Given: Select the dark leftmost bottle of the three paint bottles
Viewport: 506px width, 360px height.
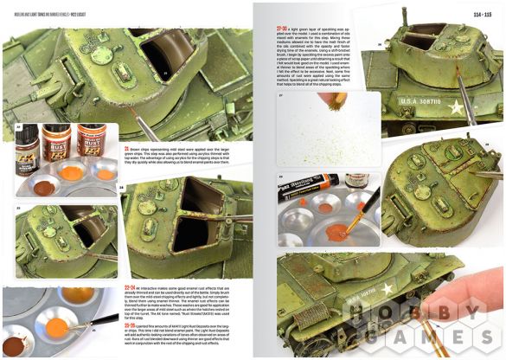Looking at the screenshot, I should pos(28,144).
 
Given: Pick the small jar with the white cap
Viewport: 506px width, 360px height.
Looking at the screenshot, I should pos(356,181).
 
